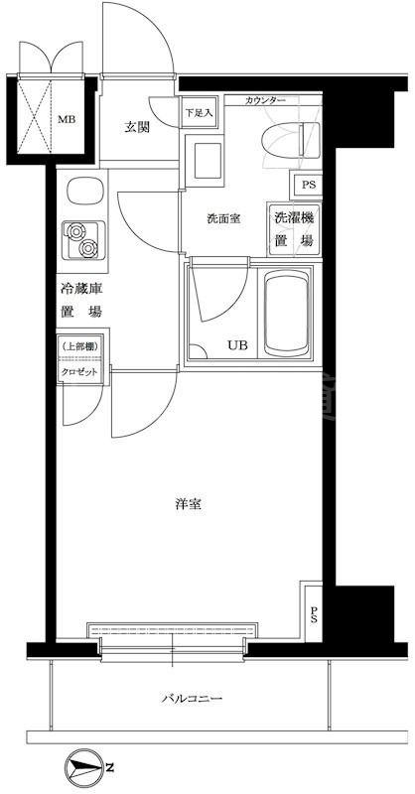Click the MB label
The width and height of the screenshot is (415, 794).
[x=65, y=121]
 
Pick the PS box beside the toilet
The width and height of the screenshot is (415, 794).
[x=305, y=186]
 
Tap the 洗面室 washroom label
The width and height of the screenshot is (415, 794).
[x=223, y=219]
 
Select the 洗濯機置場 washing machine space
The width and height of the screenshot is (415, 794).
[x=295, y=230]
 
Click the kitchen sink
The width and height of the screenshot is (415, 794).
[x=79, y=190]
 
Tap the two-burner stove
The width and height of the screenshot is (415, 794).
[x=79, y=239]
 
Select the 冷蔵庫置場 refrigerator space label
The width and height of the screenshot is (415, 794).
[x=80, y=301]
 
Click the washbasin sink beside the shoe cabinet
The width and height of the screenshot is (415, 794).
[x=207, y=156]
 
